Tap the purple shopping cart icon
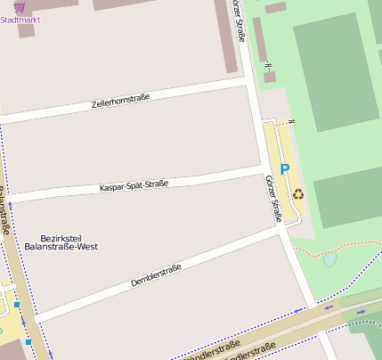point(19,7)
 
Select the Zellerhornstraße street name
point(120,102)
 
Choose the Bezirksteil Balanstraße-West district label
point(61,241)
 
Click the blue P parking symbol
point(284,168)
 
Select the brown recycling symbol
point(297,192)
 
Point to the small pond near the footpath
point(330,260)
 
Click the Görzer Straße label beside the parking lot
point(274,197)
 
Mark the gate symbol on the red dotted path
point(291,121)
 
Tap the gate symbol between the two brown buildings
point(268,64)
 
